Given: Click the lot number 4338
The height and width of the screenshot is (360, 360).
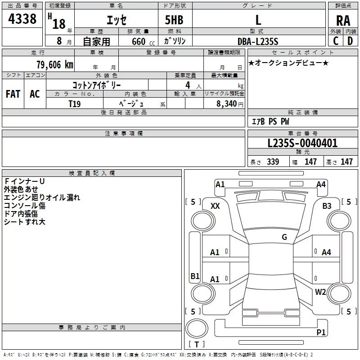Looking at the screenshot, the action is (22, 19).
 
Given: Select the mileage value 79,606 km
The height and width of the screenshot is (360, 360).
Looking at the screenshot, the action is (55, 65).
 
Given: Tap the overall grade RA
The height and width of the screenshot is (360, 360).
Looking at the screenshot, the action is (343, 21).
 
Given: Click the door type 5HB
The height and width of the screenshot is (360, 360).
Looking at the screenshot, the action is (174, 20).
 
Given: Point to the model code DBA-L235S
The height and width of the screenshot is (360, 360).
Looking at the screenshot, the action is (258, 41).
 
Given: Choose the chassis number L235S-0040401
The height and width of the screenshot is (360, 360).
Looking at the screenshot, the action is (302, 143).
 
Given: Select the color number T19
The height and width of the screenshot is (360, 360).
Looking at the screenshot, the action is (75, 104).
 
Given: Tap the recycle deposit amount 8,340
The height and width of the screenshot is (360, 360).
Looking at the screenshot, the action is (227, 104).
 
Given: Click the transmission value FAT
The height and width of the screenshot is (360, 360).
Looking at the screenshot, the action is (13, 94).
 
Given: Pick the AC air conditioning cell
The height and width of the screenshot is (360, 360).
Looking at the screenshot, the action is (35, 94).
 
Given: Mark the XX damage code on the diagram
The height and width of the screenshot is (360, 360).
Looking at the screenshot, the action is (215, 206).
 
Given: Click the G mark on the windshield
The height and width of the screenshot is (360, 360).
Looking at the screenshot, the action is (284, 237).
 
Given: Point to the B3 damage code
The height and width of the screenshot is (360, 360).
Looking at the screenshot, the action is (327, 206).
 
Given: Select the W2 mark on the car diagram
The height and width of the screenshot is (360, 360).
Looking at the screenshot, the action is (320, 292).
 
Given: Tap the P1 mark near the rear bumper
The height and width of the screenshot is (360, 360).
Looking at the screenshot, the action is (321, 332).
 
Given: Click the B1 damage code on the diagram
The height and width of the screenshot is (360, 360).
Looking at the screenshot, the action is (195, 276).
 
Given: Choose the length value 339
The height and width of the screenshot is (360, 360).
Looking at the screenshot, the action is (273, 162).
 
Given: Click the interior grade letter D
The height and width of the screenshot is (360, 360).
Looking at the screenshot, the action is (350, 41).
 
